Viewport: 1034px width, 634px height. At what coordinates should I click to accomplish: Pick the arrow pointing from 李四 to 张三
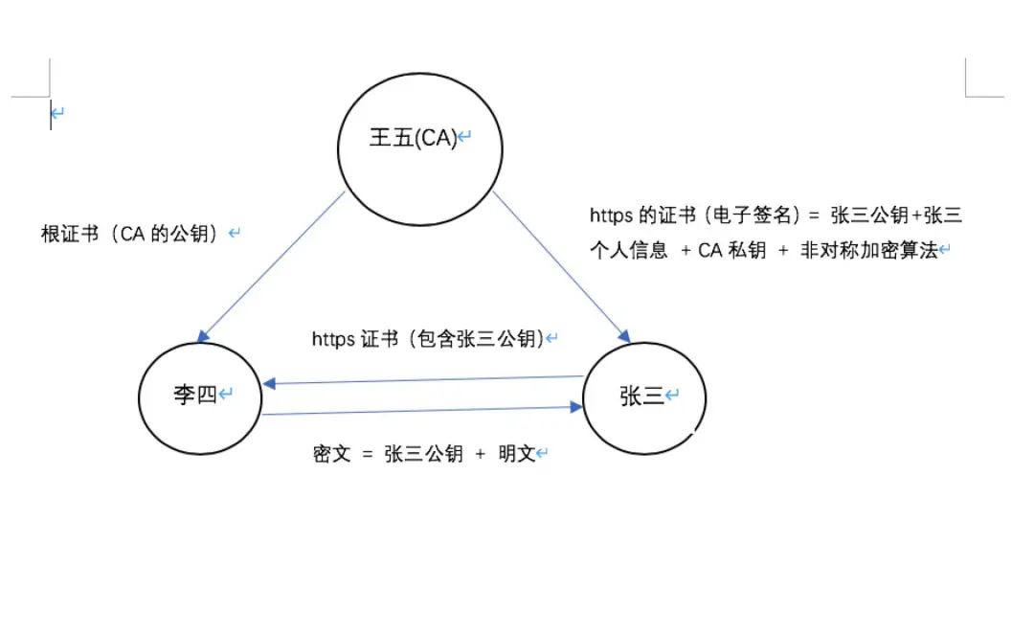click(x=421, y=411)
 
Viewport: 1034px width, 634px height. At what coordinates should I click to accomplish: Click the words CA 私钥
click(x=731, y=251)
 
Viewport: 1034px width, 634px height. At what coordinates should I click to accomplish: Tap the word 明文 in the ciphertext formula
click(x=516, y=454)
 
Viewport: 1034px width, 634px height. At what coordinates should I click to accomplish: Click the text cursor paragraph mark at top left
click(x=56, y=114)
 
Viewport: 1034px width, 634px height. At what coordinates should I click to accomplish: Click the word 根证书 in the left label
click(x=69, y=233)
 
